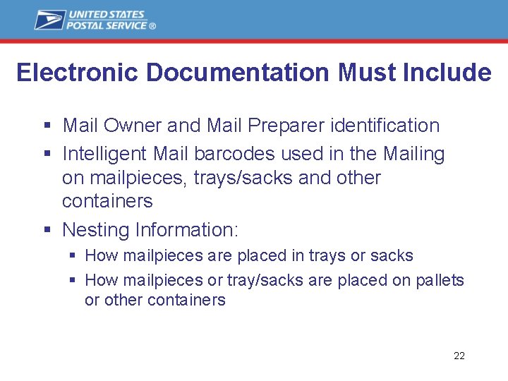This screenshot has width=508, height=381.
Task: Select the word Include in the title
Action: pos(449,73)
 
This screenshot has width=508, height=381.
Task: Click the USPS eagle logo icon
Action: pos(50,20)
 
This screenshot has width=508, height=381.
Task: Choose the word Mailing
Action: pos(414,155)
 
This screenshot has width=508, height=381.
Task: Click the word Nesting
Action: pos(96,230)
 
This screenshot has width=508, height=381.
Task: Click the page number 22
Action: pos(459,356)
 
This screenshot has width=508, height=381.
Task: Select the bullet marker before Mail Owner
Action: pos(47,126)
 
